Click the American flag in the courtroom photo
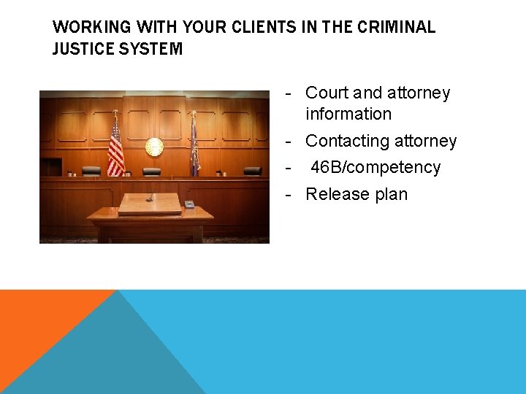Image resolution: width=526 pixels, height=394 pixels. pos(115,148)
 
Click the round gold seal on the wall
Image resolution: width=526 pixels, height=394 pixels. pos(154,147)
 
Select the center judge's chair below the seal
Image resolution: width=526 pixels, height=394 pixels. pos(151,172)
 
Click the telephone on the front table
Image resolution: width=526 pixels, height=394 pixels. pos(189,204)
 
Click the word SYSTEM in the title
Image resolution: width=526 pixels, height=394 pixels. pos(154,49)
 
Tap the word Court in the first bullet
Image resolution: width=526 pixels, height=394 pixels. pos(327,93)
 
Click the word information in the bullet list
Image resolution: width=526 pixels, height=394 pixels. pos(348,114)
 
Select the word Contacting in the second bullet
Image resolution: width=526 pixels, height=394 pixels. pos(345,141)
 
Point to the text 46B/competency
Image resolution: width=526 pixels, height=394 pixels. pos(376,167)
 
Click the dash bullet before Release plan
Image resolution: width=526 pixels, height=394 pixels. pos(289,194)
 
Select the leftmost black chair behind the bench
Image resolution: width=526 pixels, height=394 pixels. pos(91,171)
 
